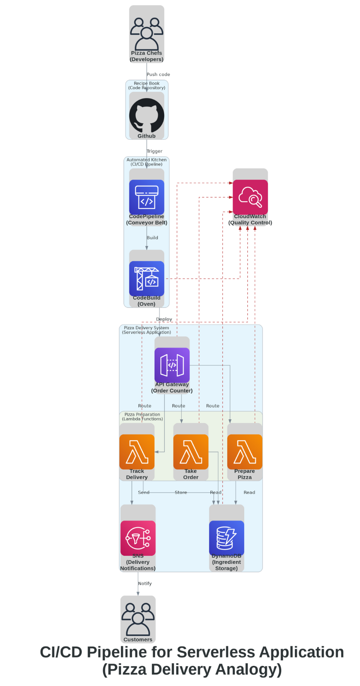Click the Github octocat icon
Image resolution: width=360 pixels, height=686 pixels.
click(147, 115)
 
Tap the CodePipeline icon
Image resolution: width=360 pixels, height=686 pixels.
click(147, 197)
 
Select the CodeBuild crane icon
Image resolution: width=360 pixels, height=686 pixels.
click(147, 278)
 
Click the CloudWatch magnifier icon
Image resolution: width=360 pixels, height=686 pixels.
click(250, 197)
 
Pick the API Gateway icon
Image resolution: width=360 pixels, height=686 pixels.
click(172, 365)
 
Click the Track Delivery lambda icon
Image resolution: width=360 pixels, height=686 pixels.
click(137, 451)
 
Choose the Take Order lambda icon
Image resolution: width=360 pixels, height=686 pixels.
click(191, 451)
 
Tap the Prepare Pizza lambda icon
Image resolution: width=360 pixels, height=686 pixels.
click(245, 451)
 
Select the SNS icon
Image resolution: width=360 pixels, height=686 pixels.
click(138, 538)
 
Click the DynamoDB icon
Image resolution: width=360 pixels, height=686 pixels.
click(227, 538)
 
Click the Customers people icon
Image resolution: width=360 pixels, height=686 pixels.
click(138, 619)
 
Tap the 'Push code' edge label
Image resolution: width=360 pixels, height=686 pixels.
click(158, 75)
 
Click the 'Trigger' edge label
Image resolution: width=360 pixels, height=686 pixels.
click(154, 151)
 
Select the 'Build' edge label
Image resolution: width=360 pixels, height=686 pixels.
click(152, 238)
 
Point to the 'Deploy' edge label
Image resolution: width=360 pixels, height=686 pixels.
click(164, 319)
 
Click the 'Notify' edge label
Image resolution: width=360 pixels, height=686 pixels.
click(145, 584)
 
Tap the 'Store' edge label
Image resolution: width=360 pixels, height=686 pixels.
click(181, 493)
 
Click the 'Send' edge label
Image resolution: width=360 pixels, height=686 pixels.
click(144, 493)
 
